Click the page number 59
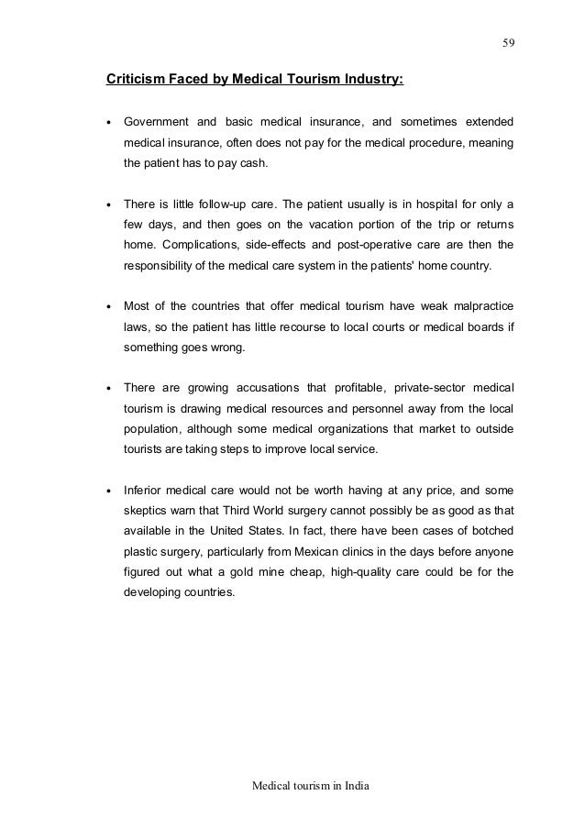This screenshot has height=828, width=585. (x=507, y=40)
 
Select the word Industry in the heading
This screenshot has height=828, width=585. (x=371, y=80)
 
